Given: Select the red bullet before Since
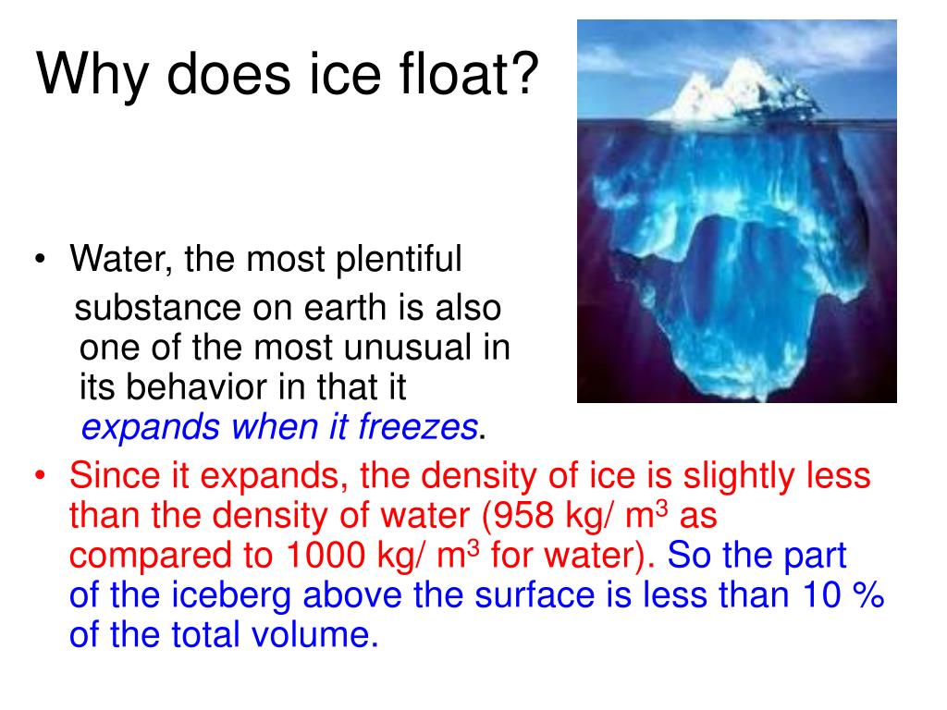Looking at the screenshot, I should point(43,477).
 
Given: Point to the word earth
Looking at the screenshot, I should point(384,308).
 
